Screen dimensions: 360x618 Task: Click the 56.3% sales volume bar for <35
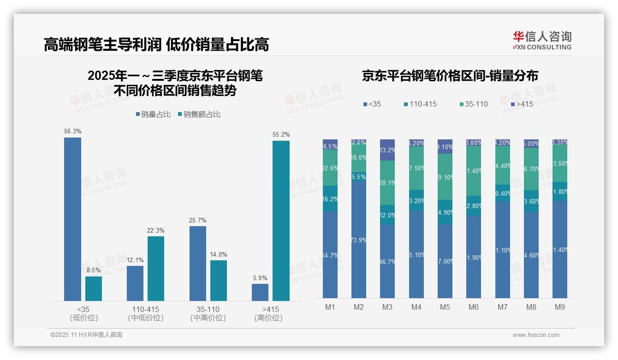[72, 219]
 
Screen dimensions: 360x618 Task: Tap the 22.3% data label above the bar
[156, 231]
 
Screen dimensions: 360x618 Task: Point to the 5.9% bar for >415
[260, 292]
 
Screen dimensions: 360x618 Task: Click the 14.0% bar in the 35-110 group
[219, 281]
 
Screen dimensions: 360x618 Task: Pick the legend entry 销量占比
[154, 114]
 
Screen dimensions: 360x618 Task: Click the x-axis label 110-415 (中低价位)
[145, 313]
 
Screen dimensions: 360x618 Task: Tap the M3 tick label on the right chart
[387, 307]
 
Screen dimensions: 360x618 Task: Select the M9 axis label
[559, 307]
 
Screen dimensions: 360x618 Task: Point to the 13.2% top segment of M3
[387, 150]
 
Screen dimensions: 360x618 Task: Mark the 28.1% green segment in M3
[387, 183]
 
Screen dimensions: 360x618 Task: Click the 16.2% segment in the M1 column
[330, 199]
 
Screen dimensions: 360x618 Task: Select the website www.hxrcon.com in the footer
[536, 335]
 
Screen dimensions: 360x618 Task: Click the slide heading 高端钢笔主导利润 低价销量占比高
[156, 45]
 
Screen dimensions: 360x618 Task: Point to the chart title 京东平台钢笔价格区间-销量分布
[450, 76]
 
